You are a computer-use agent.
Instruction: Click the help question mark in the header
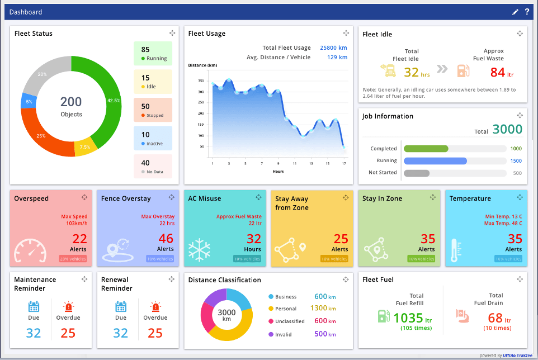pos(527,12)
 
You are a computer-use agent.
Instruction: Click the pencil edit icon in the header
pos(515,12)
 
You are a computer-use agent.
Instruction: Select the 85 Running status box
pos(153,54)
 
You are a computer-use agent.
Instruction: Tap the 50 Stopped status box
pos(153,110)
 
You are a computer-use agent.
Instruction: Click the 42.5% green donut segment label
pos(114,101)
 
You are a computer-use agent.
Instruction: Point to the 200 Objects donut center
pos(71,106)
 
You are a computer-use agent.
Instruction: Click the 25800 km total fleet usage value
pos(333,48)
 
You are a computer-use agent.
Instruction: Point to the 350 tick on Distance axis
pos(201,80)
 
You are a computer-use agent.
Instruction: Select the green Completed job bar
pos(426,149)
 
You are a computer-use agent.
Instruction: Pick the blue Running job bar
pos(435,160)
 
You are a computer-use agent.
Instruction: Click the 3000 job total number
pos(507,130)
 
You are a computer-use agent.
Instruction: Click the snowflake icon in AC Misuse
pos(199,249)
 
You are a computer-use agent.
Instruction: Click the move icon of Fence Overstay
pos(171,197)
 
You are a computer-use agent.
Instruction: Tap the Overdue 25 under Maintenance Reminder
pos(68,333)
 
